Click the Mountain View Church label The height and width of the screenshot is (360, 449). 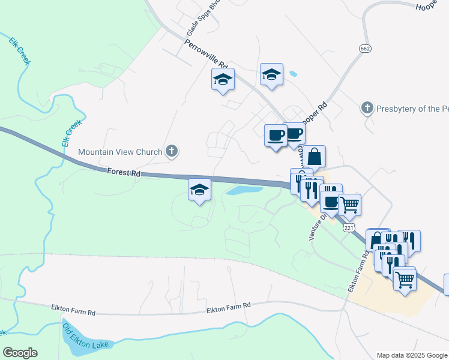click(x=120, y=152)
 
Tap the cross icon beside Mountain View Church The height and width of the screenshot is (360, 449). click(x=172, y=151)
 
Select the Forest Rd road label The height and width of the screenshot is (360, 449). click(x=124, y=173)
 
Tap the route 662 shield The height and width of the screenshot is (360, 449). click(x=365, y=48)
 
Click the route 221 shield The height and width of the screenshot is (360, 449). click(x=349, y=227)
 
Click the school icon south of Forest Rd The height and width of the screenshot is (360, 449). click(x=199, y=190)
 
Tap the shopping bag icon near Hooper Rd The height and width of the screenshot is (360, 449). click(x=314, y=157)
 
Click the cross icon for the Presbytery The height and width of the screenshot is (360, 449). click(x=367, y=108)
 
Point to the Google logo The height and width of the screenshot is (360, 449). click(x=20, y=353)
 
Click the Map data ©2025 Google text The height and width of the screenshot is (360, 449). click(x=411, y=355)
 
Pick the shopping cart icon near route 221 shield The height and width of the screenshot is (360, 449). click(x=349, y=204)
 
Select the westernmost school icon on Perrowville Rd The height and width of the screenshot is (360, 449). click(x=223, y=79)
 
